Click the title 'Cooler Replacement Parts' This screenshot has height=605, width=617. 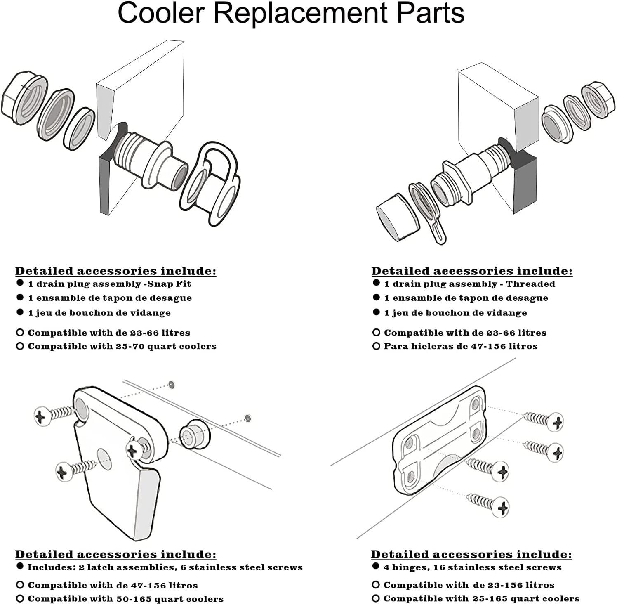click(291, 14)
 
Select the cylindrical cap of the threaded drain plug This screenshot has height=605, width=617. click(396, 216)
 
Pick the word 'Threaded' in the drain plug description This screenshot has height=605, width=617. click(530, 284)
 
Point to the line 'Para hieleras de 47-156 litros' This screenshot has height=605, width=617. click(461, 346)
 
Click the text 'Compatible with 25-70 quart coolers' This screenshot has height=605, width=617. click(122, 346)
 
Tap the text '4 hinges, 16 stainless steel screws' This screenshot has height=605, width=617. click(472, 567)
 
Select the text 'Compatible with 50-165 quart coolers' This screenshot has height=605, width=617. click(125, 598)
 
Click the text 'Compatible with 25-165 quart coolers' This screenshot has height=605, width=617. click(481, 598)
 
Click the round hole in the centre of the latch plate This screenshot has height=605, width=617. click(104, 458)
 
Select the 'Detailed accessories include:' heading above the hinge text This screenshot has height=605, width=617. click(471, 554)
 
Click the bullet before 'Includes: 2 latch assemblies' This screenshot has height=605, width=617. click(19, 566)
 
